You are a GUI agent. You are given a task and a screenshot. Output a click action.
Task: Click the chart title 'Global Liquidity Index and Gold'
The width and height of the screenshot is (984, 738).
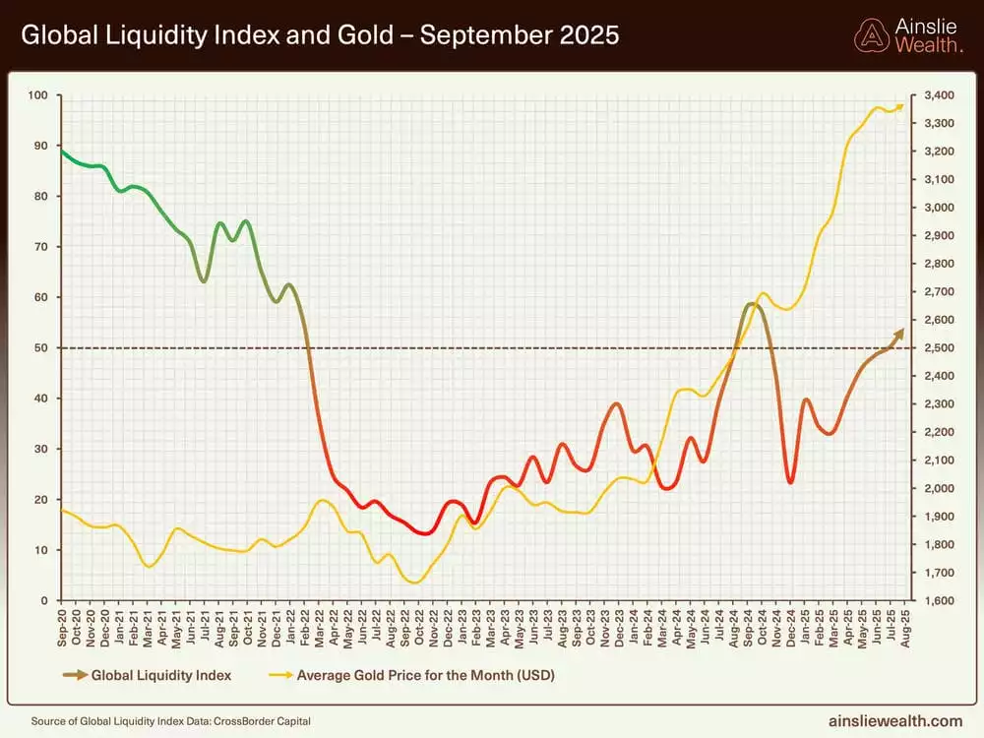(x=320, y=35)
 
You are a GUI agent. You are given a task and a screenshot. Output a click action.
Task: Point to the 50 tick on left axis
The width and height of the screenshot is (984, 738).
(x=39, y=347)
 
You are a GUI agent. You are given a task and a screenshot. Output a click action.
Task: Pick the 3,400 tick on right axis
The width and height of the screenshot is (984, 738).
(x=939, y=95)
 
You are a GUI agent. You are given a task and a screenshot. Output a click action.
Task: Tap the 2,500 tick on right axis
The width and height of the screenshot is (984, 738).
(x=939, y=347)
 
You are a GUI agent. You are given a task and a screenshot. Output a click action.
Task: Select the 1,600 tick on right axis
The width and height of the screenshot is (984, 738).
(x=939, y=600)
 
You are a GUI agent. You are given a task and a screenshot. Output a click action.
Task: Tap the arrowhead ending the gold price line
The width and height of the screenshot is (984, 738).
(x=900, y=106)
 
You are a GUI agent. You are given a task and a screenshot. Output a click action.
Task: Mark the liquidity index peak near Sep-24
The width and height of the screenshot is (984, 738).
(x=751, y=304)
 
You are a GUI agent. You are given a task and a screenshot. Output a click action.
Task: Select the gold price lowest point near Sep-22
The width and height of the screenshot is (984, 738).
(x=414, y=583)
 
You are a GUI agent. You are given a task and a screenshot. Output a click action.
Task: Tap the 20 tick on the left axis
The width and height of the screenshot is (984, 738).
(x=39, y=499)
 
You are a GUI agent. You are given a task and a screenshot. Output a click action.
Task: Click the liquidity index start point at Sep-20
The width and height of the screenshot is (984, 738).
(x=62, y=152)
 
